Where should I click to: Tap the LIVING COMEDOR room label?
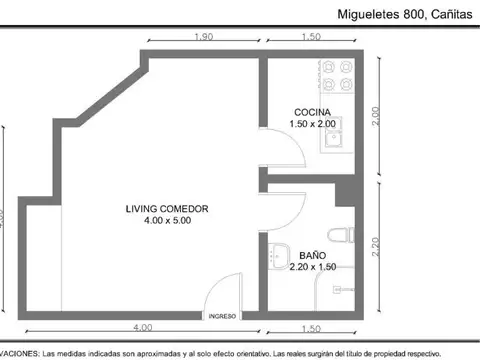pos(167,209)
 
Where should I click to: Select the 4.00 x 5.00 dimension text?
pos(167,221)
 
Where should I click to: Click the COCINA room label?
pos(311,111)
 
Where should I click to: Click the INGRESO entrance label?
pos(222,315)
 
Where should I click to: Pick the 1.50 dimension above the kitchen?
pos(311,37)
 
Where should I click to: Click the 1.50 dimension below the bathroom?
pos(311,328)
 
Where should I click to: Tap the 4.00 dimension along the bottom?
pos(143,328)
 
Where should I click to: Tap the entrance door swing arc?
pos(222,291)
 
